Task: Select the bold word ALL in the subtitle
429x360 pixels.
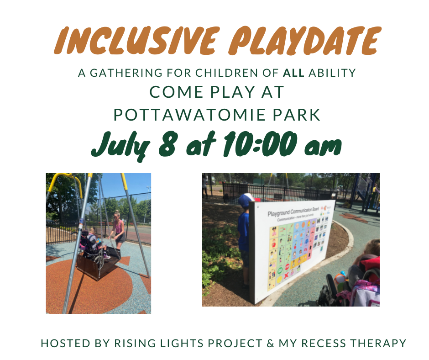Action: (x=294, y=73)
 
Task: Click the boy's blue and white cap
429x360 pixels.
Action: (x=246, y=200)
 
